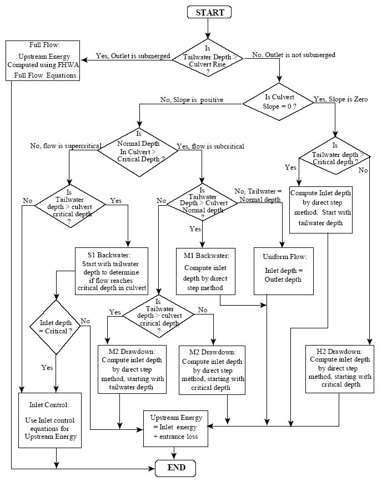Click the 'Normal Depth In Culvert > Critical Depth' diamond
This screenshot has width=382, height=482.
click(x=139, y=148)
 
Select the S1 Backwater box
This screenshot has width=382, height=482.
click(x=111, y=271)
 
